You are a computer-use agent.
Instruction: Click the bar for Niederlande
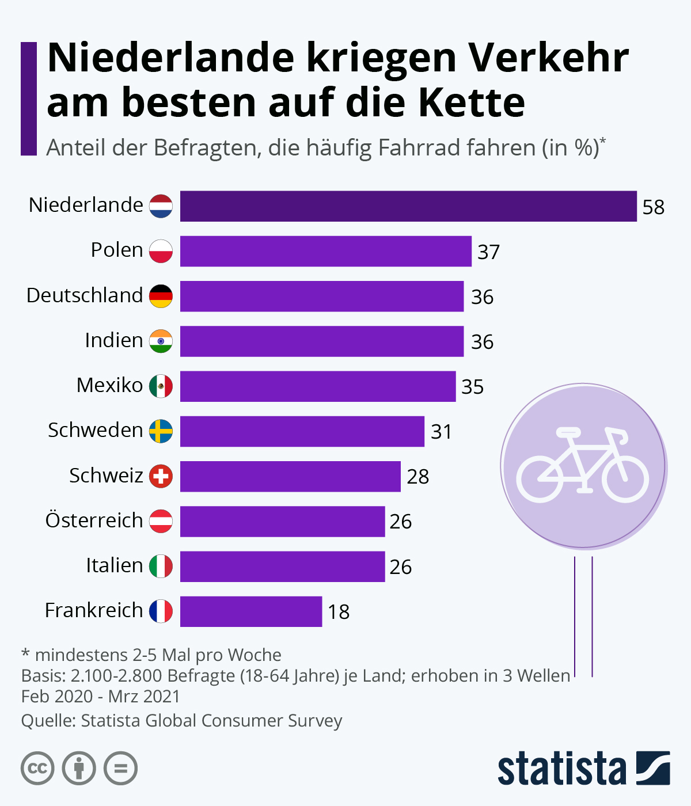(x=408, y=206)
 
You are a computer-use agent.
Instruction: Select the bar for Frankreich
(x=251, y=611)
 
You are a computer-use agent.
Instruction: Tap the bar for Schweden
(x=302, y=431)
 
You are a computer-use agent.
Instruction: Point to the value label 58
(x=654, y=207)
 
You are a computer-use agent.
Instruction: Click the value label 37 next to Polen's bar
(x=488, y=252)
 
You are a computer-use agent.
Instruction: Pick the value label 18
(x=339, y=612)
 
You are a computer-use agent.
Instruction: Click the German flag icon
(x=161, y=296)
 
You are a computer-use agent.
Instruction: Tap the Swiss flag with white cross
(x=161, y=476)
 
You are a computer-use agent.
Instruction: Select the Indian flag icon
(x=161, y=341)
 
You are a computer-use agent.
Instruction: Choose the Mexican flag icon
(x=161, y=386)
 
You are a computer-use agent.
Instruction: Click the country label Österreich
(x=94, y=520)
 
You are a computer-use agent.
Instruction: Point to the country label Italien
(x=114, y=565)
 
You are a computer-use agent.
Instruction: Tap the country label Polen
(x=117, y=250)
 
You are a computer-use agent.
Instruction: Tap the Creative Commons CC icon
(x=37, y=768)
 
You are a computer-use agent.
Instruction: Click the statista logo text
(x=561, y=769)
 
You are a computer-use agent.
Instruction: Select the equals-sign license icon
(x=121, y=768)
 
